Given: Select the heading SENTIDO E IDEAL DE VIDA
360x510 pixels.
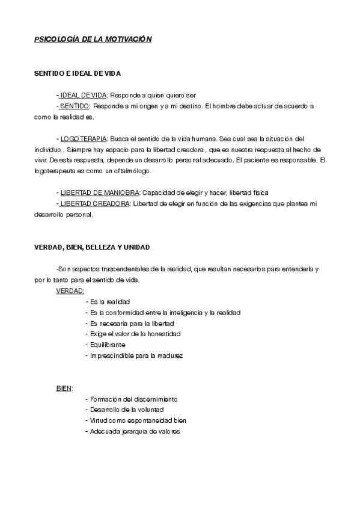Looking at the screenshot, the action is point(78,73).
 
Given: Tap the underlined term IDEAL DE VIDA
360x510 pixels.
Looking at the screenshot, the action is point(83,95).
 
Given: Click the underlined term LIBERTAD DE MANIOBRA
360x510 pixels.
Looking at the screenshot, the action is point(99,192).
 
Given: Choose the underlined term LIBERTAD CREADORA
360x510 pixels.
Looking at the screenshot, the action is point(94,203).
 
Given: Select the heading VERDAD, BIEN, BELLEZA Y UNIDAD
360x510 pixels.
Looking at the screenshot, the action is point(92,247).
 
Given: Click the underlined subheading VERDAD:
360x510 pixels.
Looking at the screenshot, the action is point(70,290).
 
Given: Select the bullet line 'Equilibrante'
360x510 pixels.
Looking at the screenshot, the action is point(108,345).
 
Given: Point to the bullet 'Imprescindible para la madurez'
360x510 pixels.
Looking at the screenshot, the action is point(136,355).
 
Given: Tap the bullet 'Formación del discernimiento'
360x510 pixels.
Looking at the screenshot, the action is point(133,399).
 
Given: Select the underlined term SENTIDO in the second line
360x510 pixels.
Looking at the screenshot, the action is point(75,106).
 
